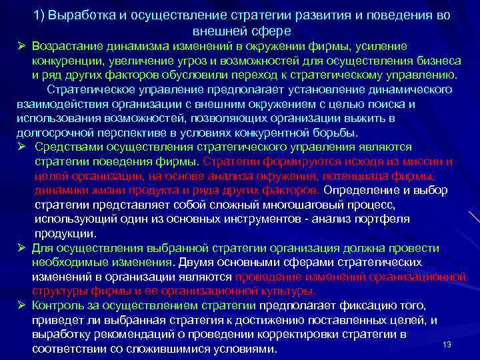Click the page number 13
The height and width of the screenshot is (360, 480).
(447, 344)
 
